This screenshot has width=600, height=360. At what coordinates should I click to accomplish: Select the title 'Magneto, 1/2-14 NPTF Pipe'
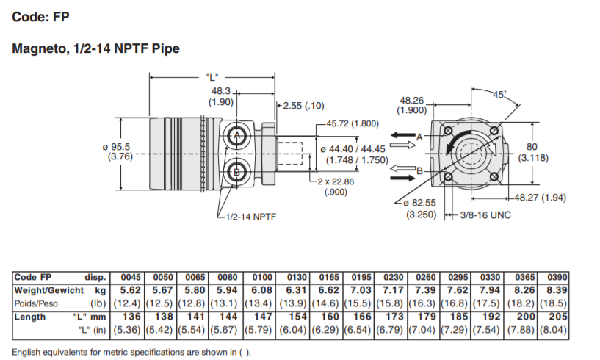pos(96,48)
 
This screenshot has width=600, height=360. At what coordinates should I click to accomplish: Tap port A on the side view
pos(237,136)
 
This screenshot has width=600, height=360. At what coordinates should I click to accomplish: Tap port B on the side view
pos(237,172)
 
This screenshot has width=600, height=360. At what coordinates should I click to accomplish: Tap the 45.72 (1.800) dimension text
pos(352,124)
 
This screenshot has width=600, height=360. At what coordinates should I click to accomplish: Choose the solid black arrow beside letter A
pos(403,135)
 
